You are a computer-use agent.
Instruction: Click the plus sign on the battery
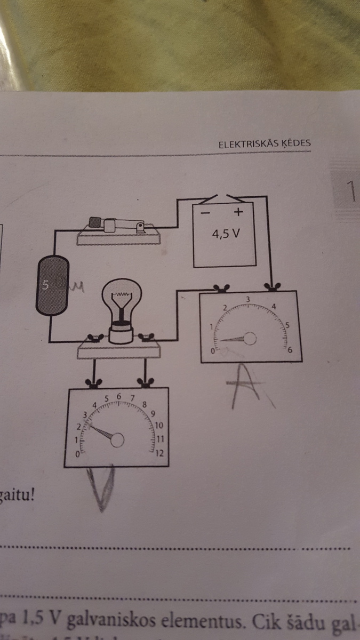(x=238, y=212)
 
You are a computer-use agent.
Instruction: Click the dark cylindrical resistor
(x=52, y=287)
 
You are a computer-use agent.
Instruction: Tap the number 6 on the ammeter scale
(x=291, y=350)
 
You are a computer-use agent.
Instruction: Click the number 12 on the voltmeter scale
(x=159, y=453)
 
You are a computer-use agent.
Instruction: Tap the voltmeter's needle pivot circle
(x=117, y=439)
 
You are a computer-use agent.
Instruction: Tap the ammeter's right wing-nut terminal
(x=273, y=289)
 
